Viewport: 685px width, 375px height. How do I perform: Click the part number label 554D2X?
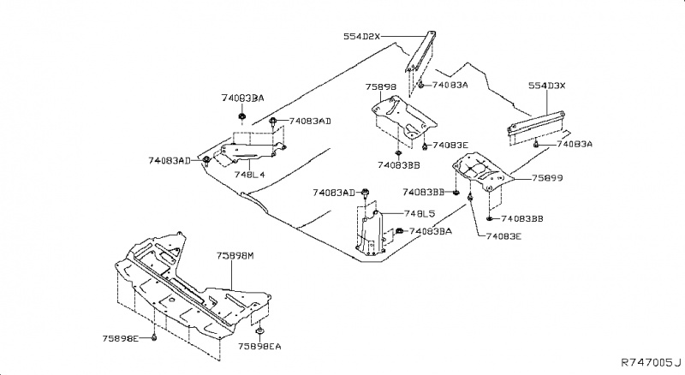click(361, 37)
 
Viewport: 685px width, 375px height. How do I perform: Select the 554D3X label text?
click(547, 86)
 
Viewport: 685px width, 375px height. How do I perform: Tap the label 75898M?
click(235, 256)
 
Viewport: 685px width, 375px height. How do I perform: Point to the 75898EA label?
click(259, 346)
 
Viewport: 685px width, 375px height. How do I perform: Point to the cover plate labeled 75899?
click(482, 175)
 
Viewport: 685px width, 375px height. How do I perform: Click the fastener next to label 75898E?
click(154, 339)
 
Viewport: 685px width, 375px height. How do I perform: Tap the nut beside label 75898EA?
click(258, 330)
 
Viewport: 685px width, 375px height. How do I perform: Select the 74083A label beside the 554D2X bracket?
click(450, 86)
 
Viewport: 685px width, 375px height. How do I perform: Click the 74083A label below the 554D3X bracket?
click(575, 145)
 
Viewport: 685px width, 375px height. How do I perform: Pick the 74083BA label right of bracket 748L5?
click(432, 232)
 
